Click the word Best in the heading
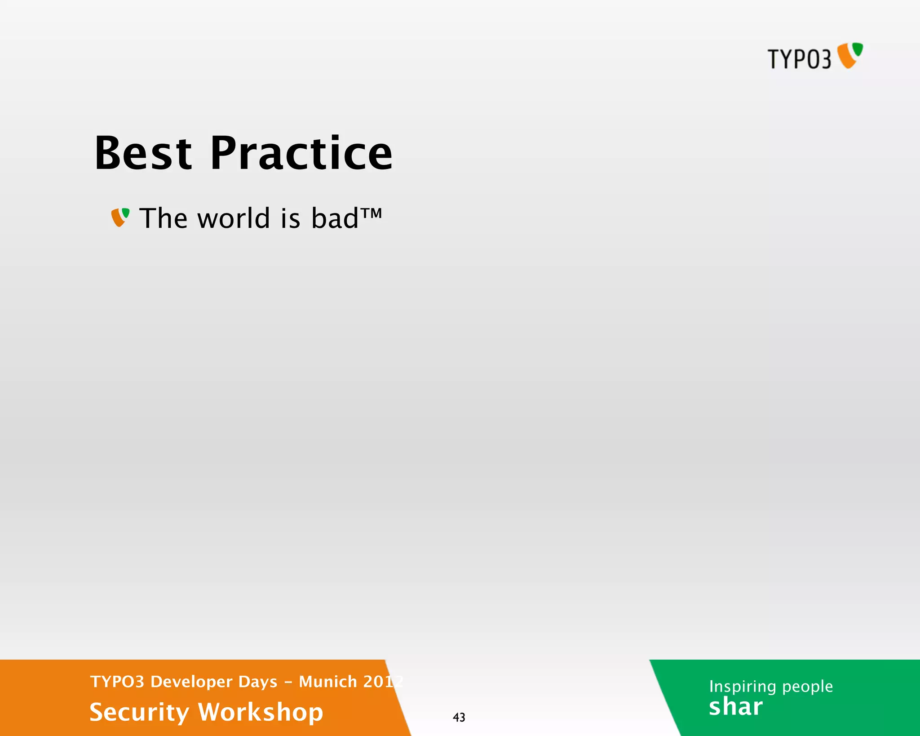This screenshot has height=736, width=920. [x=143, y=154]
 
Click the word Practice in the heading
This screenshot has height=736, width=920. [x=301, y=154]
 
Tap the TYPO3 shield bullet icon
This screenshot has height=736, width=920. [x=120, y=217]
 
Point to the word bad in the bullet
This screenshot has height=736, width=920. [x=335, y=218]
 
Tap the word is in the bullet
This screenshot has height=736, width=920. [x=290, y=218]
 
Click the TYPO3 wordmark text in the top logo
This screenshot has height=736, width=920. [x=799, y=59]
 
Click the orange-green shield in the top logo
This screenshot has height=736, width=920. [x=850, y=55]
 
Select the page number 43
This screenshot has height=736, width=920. [x=459, y=717]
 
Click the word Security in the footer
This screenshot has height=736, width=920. [x=139, y=713]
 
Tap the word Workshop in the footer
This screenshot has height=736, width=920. [x=261, y=713]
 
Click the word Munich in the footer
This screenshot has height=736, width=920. [x=328, y=682]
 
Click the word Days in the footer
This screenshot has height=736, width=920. [x=258, y=682]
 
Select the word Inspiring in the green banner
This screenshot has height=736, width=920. [x=743, y=687]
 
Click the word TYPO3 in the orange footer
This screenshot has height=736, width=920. [x=117, y=682]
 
